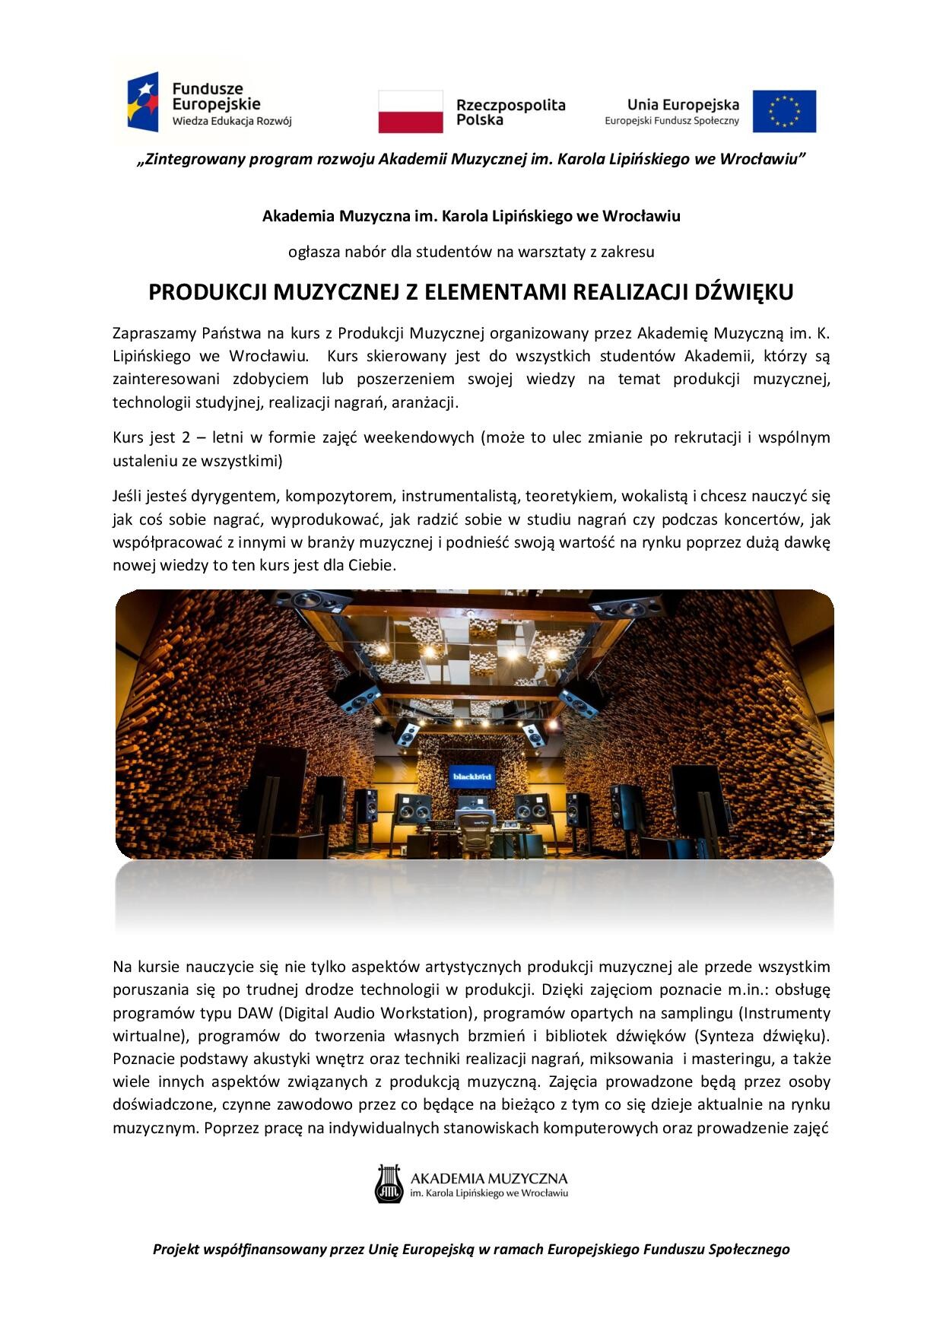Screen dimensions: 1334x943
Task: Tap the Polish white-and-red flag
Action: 411,112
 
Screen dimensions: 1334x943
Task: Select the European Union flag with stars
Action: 784,111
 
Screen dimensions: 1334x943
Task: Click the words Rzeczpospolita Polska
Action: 510,112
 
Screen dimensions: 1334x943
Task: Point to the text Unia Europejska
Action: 682,104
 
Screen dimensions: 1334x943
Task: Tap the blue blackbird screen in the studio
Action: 471,777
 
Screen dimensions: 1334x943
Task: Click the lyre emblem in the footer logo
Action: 386,1183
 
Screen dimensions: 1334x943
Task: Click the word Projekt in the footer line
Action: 177,1249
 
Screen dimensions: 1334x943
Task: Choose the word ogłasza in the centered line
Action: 312,250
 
